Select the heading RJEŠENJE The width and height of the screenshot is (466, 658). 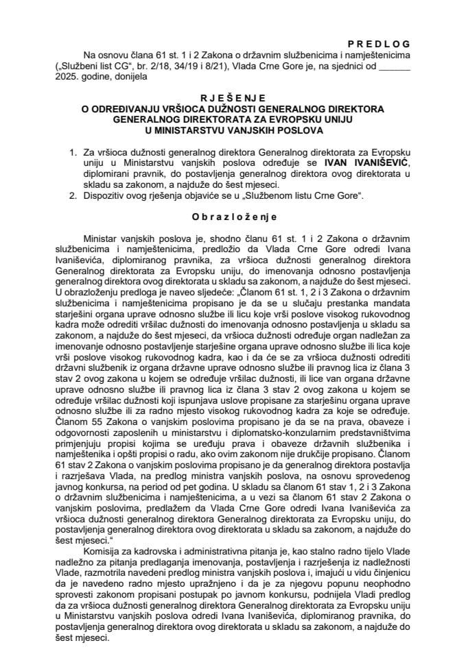[x=233, y=98]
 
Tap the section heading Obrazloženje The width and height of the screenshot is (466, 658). [x=233, y=217]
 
